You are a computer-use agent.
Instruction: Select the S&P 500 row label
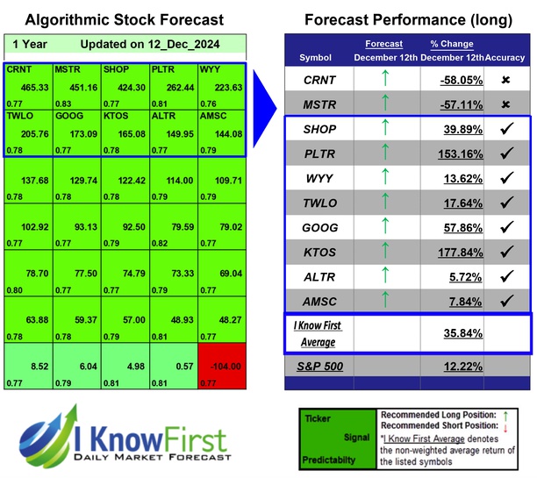321,364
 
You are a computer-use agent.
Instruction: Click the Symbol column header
316,58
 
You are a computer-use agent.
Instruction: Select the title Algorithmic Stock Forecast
125,19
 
